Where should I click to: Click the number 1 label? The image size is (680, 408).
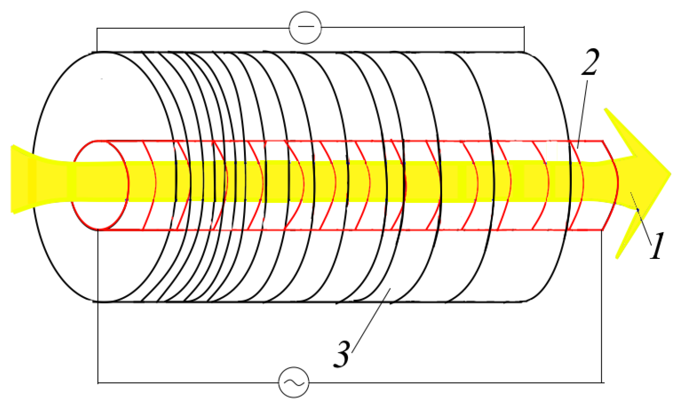[657, 246]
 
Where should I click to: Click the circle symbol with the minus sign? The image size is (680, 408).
[305, 27]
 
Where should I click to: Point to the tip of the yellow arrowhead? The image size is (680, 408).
[669, 174]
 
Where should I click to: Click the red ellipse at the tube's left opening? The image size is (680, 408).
[100, 185]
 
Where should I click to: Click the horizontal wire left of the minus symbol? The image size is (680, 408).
[193, 28]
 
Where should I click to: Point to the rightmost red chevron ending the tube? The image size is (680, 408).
[615, 185]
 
